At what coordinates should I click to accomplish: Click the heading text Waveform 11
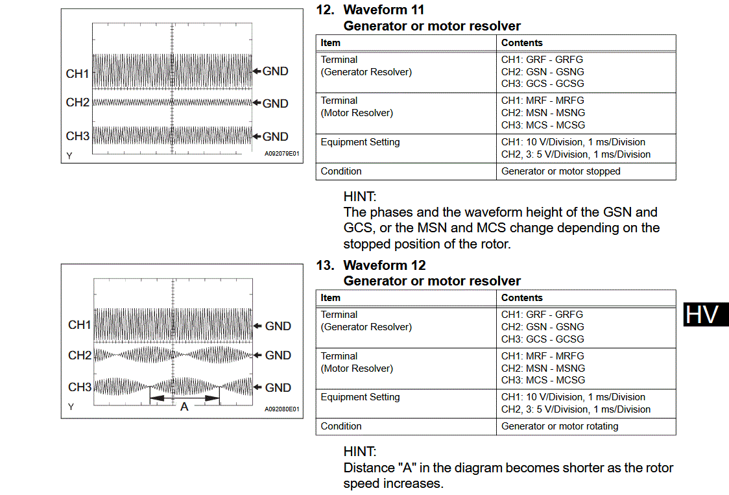click(x=384, y=10)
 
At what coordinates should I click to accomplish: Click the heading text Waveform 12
click(x=384, y=265)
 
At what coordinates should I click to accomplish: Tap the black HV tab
click(x=704, y=314)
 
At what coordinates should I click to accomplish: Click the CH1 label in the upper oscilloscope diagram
click(x=78, y=74)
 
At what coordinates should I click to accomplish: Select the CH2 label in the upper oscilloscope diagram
click(x=78, y=103)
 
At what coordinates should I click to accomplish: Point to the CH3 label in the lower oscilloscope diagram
click(x=80, y=387)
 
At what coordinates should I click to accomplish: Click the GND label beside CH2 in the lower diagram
click(x=278, y=355)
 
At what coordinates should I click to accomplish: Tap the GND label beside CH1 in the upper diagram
click(x=275, y=71)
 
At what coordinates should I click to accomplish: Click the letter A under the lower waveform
click(x=184, y=407)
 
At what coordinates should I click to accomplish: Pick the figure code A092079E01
click(x=281, y=154)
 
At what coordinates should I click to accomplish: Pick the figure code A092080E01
click(x=281, y=409)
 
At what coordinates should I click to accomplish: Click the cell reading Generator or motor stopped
click(x=560, y=171)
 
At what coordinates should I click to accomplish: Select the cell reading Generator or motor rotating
click(x=560, y=426)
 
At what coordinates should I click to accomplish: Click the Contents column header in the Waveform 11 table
click(x=522, y=43)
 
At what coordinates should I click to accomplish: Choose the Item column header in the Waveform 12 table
click(x=331, y=298)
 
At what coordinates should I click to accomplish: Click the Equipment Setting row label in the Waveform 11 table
click(x=360, y=142)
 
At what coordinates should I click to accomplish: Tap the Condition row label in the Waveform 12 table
click(x=341, y=426)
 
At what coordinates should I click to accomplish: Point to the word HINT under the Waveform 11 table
click(x=359, y=196)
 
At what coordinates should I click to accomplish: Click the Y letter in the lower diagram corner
click(x=69, y=407)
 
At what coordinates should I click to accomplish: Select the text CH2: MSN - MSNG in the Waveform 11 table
click(x=543, y=113)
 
